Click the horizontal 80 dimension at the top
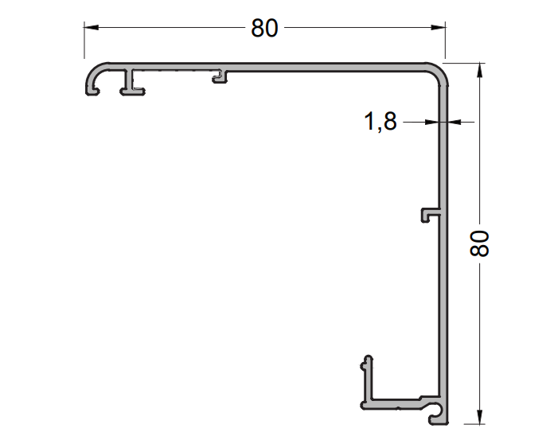265,28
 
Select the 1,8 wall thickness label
380,123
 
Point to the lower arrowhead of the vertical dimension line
479,417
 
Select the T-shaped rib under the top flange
129,82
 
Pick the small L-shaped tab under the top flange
221,76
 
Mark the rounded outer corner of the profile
440,72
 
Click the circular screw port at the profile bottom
435,411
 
